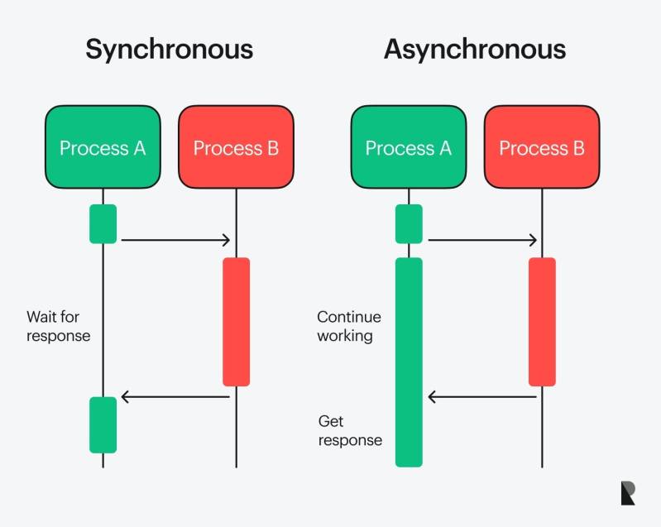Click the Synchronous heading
tap(170, 50)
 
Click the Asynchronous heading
tap(475, 50)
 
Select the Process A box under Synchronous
tap(103, 148)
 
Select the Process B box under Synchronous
tap(236, 148)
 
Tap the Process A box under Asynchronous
tap(409, 148)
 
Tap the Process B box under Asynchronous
tap(542, 148)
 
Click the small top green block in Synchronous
tap(103, 223)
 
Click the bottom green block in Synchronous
tap(103, 424)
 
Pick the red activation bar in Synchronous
tap(236, 322)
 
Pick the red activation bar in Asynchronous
tap(542, 322)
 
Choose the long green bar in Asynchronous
tap(409, 362)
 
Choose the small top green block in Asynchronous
tap(409, 223)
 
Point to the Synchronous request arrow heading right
tap(175, 240)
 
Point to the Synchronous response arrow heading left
tap(175, 397)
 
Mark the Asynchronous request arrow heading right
tap(481, 240)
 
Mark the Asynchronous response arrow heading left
tap(481, 397)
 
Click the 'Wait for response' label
tap(58, 326)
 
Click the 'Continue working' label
tap(349, 326)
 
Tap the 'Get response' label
tap(350, 431)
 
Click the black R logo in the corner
tap(628, 493)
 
